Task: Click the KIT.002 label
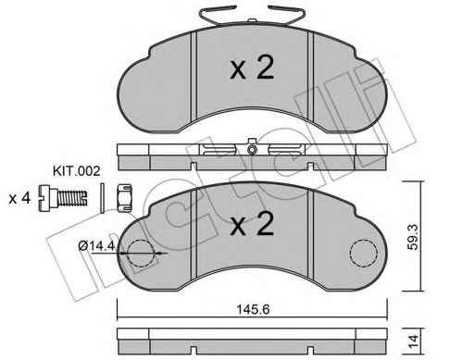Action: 76,171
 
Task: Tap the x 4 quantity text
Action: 19,198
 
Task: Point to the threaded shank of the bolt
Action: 72,198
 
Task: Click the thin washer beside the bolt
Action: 103,198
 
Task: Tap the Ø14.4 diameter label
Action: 96,246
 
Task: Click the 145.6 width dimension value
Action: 253,309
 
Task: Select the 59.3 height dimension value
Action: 413,237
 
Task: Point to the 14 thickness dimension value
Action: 413,341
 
